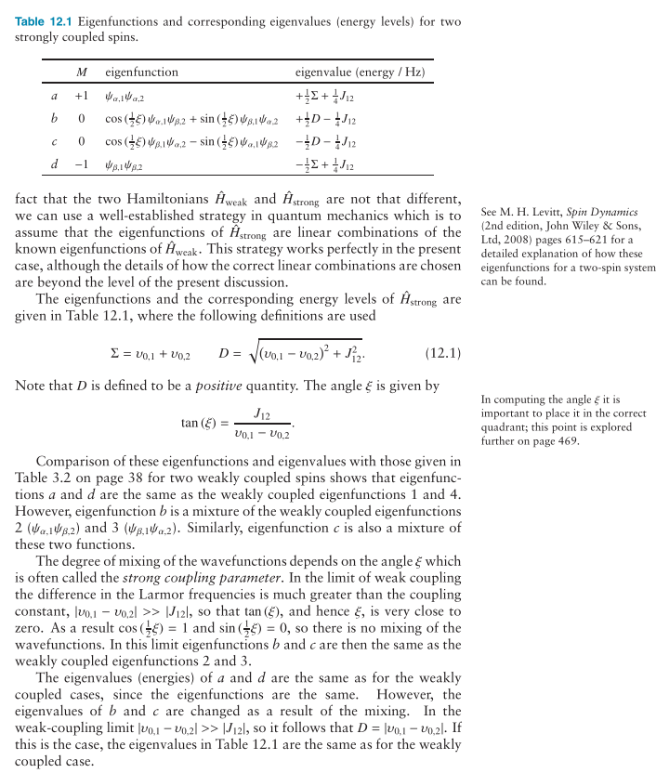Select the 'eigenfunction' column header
(x=141, y=72)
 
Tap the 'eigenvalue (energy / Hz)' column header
(x=360, y=72)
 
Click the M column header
(x=82, y=72)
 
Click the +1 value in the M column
(x=82, y=95)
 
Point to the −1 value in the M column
(x=82, y=164)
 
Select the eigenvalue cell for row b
(x=325, y=118)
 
